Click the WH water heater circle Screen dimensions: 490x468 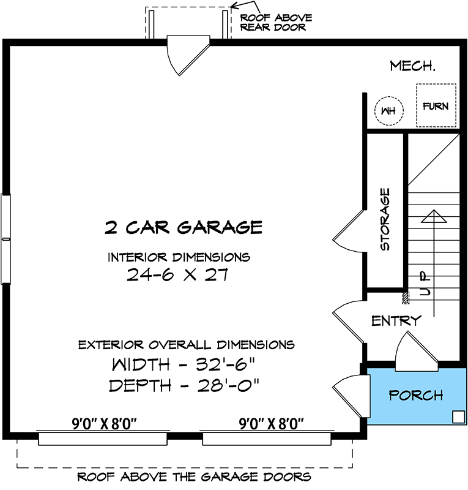(387, 111)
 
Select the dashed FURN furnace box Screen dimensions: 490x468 (436, 105)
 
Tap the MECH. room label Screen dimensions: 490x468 (412, 66)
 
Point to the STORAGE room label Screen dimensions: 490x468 (385, 219)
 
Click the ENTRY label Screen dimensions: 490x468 (396, 320)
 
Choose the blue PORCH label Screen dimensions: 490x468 (416, 395)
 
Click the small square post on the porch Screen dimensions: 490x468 (456, 417)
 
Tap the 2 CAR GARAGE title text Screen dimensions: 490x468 (184, 228)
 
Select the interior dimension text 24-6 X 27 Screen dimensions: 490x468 (177, 275)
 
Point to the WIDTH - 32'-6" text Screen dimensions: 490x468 (183, 365)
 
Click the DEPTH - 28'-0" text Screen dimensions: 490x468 (184, 386)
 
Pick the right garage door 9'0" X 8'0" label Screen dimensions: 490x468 (270, 423)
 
